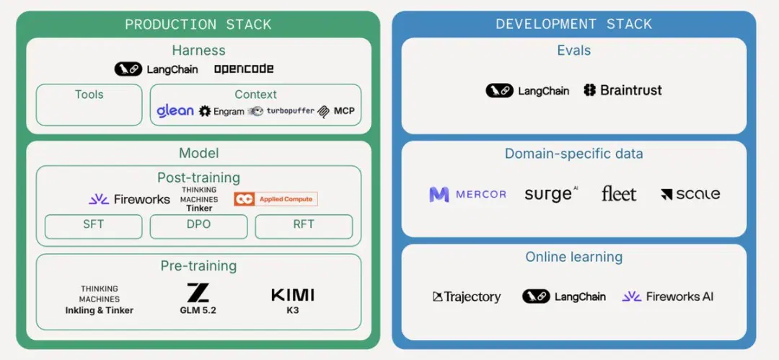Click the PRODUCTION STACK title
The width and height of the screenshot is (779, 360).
click(x=198, y=25)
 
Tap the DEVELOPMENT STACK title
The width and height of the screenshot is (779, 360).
click(x=574, y=25)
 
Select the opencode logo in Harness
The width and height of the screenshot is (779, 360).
click(x=244, y=69)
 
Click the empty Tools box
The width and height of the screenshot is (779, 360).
click(x=89, y=105)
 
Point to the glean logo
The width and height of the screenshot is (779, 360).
click(x=175, y=110)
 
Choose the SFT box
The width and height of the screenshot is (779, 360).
click(x=93, y=227)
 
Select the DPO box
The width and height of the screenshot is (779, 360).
click(x=199, y=227)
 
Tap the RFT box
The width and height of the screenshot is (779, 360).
click(x=304, y=227)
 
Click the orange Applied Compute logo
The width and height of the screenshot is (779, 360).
click(x=276, y=199)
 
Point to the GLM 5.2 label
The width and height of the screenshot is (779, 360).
click(x=198, y=310)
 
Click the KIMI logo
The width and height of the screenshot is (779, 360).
click(x=293, y=295)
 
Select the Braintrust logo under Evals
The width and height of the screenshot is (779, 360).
click(x=623, y=90)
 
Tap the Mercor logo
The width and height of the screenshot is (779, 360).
click(x=467, y=194)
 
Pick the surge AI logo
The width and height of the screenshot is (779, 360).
click(x=552, y=194)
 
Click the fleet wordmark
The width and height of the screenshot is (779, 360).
click(x=619, y=193)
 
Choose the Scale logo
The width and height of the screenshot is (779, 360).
click(x=690, y=194)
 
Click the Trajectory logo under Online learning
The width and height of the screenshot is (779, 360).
click(x=467, y=297)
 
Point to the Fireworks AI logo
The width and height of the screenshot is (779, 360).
click(x=668, y=297)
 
